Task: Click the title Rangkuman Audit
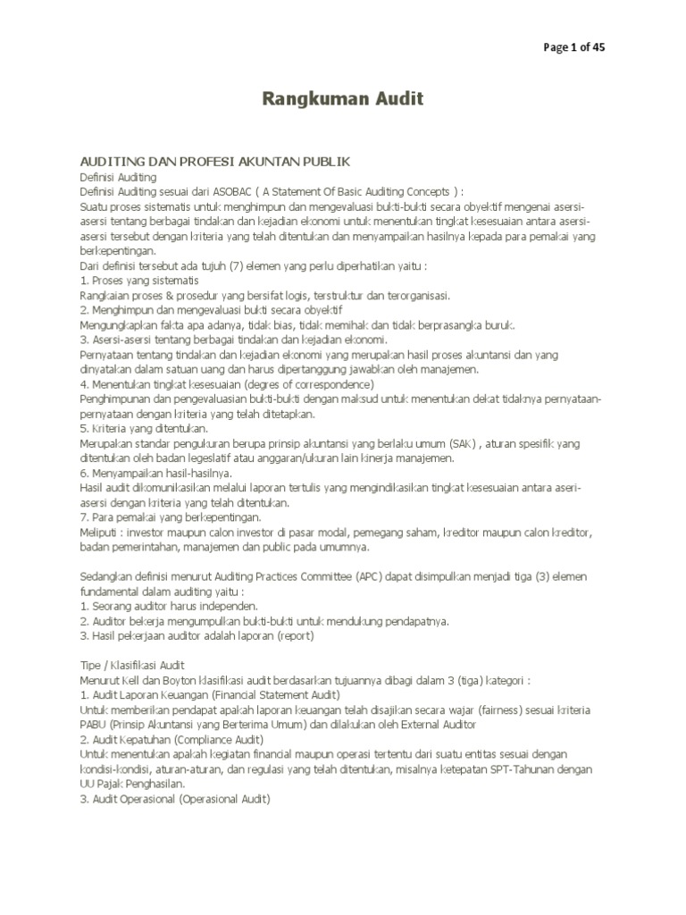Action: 342,98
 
